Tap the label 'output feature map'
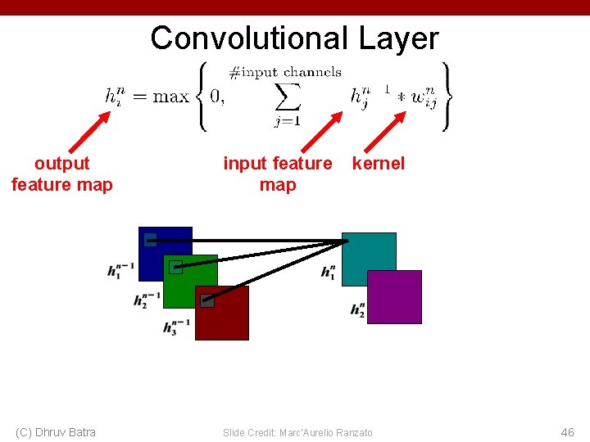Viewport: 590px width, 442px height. click(62, 174)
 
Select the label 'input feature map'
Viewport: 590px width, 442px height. click(278, 174)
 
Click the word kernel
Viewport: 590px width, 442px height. click(378, 163)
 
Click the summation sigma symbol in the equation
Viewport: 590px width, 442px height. click(288, 97)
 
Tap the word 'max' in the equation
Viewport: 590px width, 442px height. click(170, 97)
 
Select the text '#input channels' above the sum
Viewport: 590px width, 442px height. click(285, 72)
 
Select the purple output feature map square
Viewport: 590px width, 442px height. click(395, 297)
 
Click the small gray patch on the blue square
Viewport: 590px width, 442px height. click(150, 240)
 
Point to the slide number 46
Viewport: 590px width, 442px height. click(567, 432)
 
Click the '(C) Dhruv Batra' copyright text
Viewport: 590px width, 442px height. click(56, 432)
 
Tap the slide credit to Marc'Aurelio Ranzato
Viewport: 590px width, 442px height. click(297, 432)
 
